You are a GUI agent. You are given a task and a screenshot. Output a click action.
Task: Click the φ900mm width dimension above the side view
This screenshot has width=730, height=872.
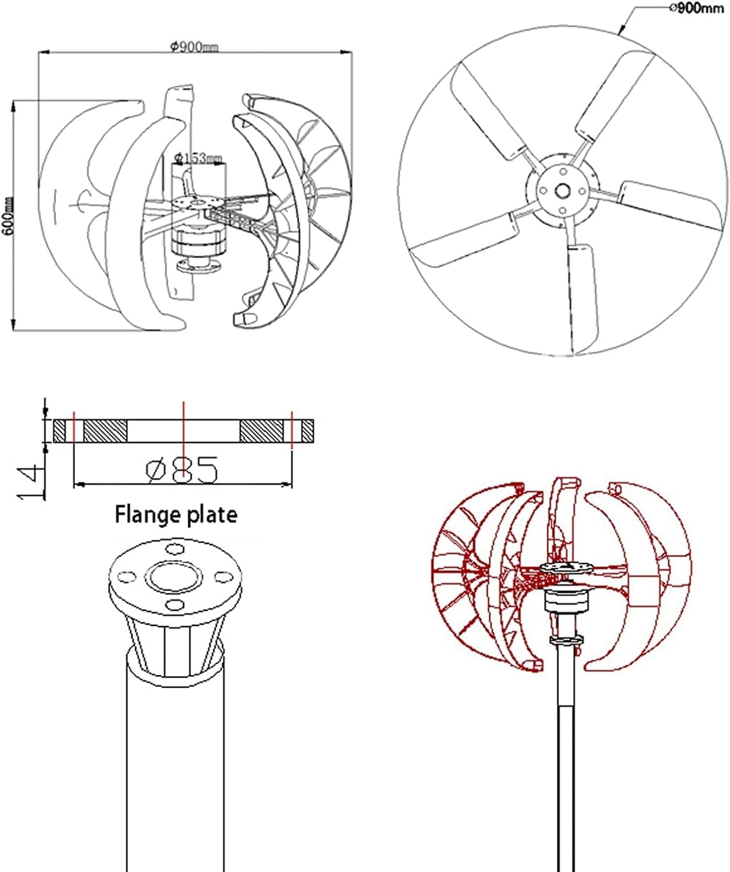pos(194,47)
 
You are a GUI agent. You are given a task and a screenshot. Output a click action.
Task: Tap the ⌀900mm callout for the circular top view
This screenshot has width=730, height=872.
pos(697,8)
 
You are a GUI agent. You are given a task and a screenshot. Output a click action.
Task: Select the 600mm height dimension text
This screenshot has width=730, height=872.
pos(8,216)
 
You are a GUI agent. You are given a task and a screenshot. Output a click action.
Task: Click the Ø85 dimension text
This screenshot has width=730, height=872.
pos(182,470)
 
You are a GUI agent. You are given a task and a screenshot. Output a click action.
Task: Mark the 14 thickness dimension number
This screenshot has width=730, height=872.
pos(31,482)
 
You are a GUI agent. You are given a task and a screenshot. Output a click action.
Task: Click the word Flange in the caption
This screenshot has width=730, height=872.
pos(147,515)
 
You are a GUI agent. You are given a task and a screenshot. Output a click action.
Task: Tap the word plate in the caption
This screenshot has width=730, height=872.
pos(212,515)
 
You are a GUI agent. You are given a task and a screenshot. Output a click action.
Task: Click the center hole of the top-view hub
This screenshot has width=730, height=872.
pos(562,191)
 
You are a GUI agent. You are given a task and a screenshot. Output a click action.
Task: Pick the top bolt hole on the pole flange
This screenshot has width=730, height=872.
pos(174,549)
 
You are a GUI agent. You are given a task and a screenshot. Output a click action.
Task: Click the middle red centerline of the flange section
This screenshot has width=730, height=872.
pos(183,430)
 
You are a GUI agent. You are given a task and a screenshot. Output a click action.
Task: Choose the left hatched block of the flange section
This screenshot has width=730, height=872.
pos(105,431)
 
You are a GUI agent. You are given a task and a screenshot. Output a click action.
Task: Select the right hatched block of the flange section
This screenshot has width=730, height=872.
pos(262,431)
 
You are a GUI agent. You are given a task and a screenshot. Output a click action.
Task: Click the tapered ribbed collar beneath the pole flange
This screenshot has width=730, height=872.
pos(174,646)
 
